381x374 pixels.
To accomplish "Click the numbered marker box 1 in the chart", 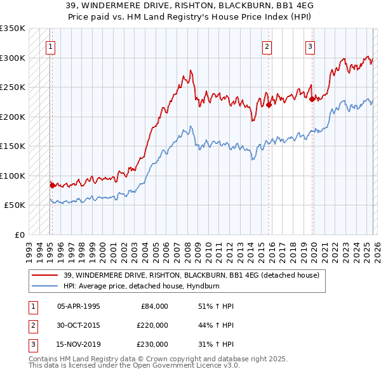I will (x=50, y=46).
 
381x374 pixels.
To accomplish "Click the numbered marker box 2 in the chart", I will (x=267, y=46).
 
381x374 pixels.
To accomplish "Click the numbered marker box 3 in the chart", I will (x=310, y=46).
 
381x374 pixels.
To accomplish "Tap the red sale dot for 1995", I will (x=52, y=185).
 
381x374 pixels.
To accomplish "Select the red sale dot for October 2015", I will (x=269, y=105).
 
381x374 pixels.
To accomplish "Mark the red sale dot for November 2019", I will (x=312, y=99).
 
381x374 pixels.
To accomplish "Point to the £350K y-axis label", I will (x=13, y=29).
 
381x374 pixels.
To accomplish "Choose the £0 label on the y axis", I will (x=19, y=235).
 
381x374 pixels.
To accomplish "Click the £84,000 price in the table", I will (x=153, y=306).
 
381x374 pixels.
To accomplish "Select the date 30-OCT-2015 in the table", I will (x=79, y=325).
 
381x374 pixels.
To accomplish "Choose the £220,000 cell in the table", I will (x=153, y=325).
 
